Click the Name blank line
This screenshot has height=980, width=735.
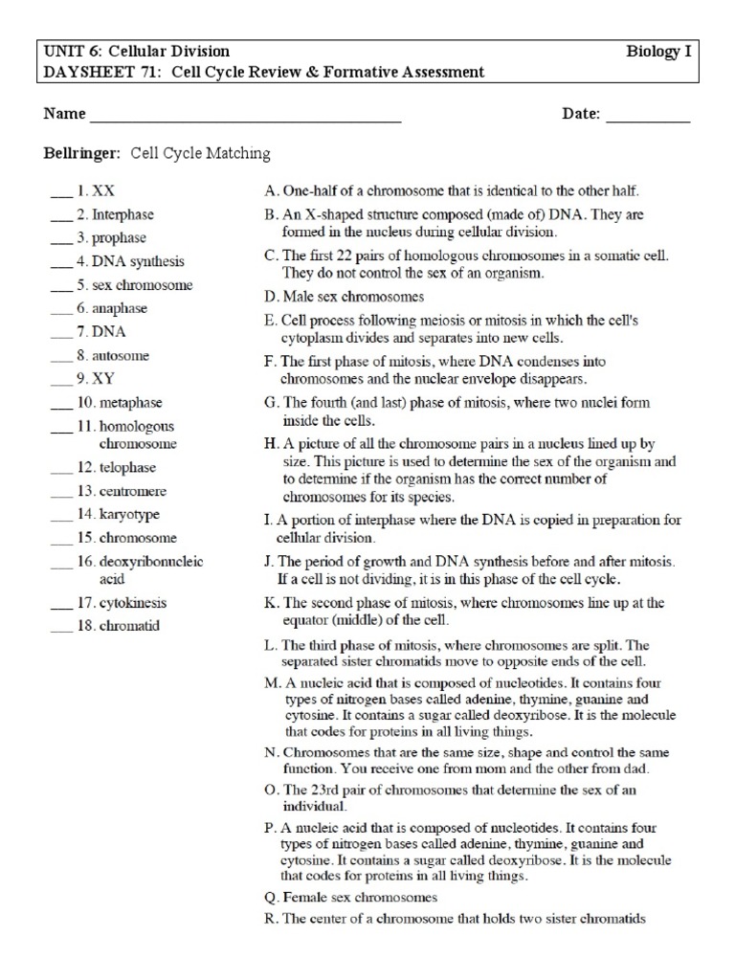tap(244, 119)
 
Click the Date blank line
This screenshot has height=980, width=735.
tap(648, 119)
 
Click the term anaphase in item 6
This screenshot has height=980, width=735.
tap(122, 308)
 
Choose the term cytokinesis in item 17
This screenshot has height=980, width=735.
tap(132, 604)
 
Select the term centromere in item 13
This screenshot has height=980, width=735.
tap(133, 491)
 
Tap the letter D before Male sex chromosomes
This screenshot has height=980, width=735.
tap(269, 297)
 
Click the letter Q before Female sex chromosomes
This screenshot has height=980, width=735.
tap(269, 898)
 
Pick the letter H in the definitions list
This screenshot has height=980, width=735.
tap(269, 445)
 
